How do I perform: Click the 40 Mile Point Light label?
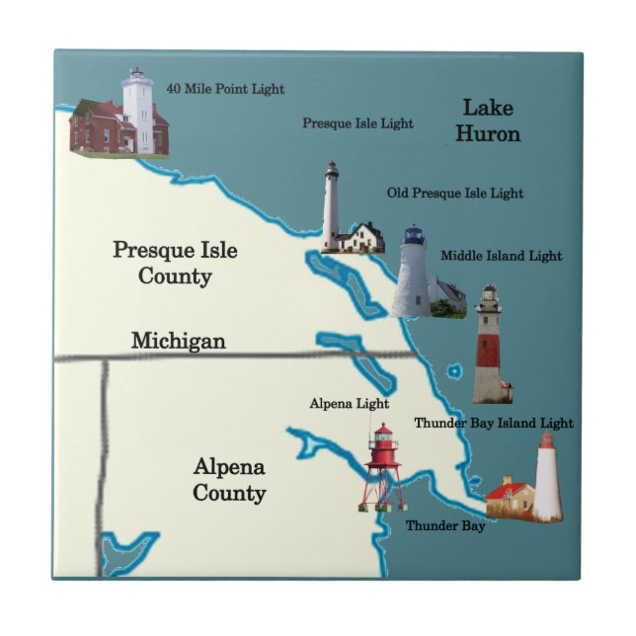[x=225, y=89]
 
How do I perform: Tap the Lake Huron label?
[x=488, y=120]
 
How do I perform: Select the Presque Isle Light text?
[x=358, y=123]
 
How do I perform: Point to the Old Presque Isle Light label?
[x=455, y=194]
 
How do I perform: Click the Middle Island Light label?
[x=502, y=256]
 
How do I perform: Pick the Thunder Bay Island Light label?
[x=493, y=423]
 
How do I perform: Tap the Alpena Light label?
[x=349, y=404]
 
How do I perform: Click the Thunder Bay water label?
[x=445, y=526]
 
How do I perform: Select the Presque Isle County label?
[x=175, y=263]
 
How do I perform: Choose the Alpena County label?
[x=229, y=479]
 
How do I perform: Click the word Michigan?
[x=179, y=341]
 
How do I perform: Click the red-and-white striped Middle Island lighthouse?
[x=489, y=346]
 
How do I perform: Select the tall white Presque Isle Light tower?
[x=331, y=205]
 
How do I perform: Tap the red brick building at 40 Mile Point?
[x=95, y=128]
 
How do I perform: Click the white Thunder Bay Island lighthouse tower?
[x=546, y=478]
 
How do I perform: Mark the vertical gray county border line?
[x=102, y=464]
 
